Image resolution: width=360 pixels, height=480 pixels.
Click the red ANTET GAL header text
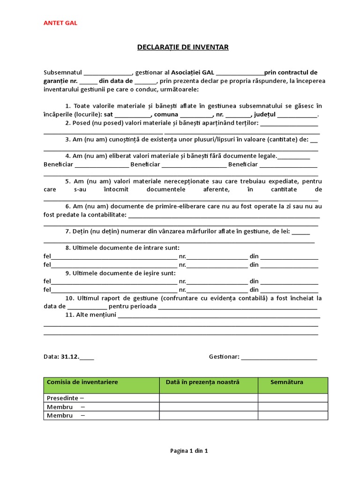pyautogui.click(x=60, y=23)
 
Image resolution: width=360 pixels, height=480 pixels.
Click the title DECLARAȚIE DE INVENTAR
pyautogui.click(x=183, y=47)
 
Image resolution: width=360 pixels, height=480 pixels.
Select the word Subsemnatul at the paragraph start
pyautogui.click(x=63, y=73)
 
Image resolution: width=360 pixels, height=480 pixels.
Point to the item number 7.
pyautogui.click(x=67, y=231)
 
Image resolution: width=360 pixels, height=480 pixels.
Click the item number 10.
pyautogui.click(x=70, y=298)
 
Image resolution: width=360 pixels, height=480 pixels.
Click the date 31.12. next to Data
pyautogui.click(x=70, y=357)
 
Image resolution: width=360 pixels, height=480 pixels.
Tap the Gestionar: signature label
pyautogui.click(x=224, y=357)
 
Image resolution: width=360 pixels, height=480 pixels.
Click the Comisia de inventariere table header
pyautogui.click(x=82, y=382)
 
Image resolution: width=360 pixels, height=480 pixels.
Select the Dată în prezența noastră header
pyautogui.click(x=202, y=382)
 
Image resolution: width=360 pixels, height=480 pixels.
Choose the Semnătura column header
pyautogui.click(x=287, y=382)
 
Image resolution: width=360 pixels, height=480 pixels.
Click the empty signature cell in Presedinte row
pyautogui.click(x=292, y=398)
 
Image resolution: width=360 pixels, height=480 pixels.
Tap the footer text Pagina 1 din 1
pyautogui.click(x=188, y=451)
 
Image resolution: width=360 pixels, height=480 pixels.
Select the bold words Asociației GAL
pyautogui.click(x=192, y=73)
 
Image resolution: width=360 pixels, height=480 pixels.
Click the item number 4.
pyautogui.click(x=67, y=156)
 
